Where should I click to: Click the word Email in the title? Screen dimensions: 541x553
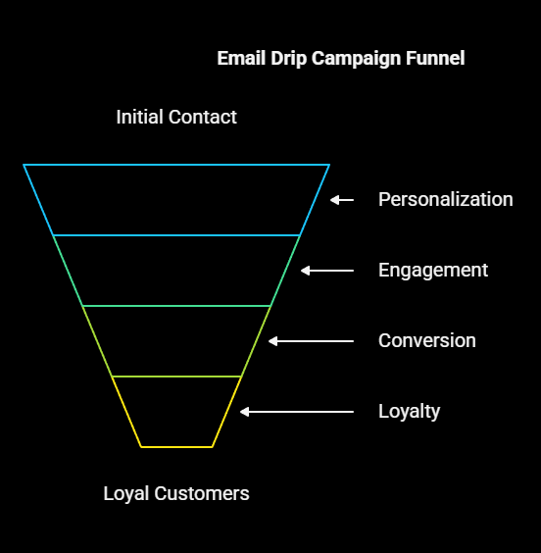click(241, 58)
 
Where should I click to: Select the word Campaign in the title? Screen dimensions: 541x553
click(356, 59)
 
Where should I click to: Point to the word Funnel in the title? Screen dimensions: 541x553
click(435, 58)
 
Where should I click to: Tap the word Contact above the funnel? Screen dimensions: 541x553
click(202, 117)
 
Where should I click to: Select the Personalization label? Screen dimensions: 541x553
click(446, 199)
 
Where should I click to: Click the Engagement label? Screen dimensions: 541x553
click(433, 271)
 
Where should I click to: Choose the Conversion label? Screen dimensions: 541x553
click(427, 340)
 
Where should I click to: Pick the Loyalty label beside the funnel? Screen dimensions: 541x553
click(410, 412)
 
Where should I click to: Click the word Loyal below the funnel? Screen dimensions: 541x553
click(126, 494)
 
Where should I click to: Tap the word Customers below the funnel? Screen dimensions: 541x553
click(202, 493)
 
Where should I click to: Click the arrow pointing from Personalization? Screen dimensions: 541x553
click(342, 200)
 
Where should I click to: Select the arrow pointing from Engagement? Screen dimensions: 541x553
click(327, 271)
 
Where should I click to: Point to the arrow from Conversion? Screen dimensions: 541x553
click(311, 341)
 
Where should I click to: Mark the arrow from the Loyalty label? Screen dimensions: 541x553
click(297, 412)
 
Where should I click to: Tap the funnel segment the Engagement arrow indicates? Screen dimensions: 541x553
click(176, 271)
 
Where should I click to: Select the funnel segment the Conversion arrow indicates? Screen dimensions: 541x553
click(176, 341)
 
